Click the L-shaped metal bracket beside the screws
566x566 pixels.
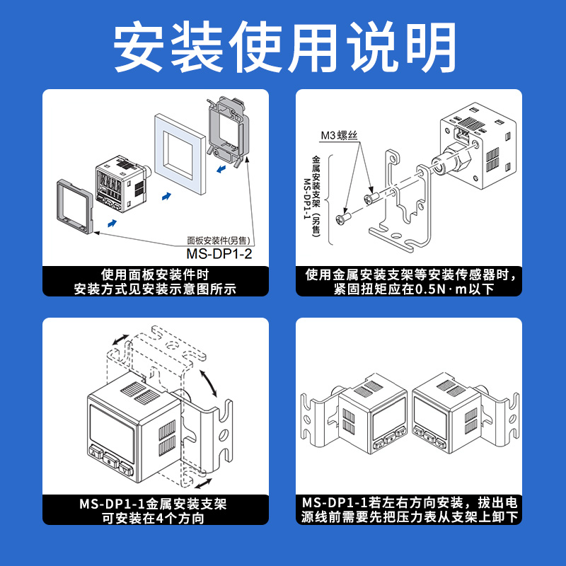pyautogui.click(x=400, y=198)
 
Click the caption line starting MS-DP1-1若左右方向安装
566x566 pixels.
pyautogui.click(x=409, y=503)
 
